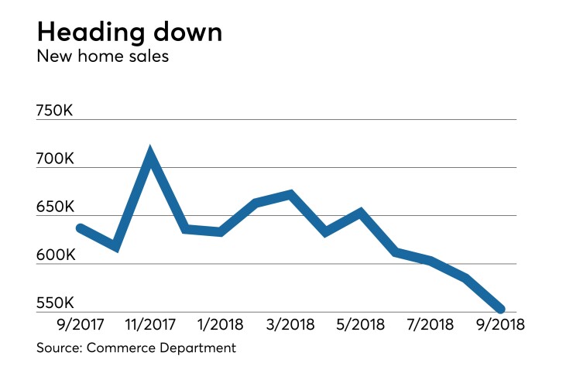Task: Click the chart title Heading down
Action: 129,33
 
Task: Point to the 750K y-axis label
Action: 55,111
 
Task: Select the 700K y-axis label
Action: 55,159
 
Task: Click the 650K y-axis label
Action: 55,207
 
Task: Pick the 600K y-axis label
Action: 55,255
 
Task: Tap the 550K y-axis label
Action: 55,303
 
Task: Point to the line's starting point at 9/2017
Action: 80,228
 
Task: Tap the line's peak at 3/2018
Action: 290,194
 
